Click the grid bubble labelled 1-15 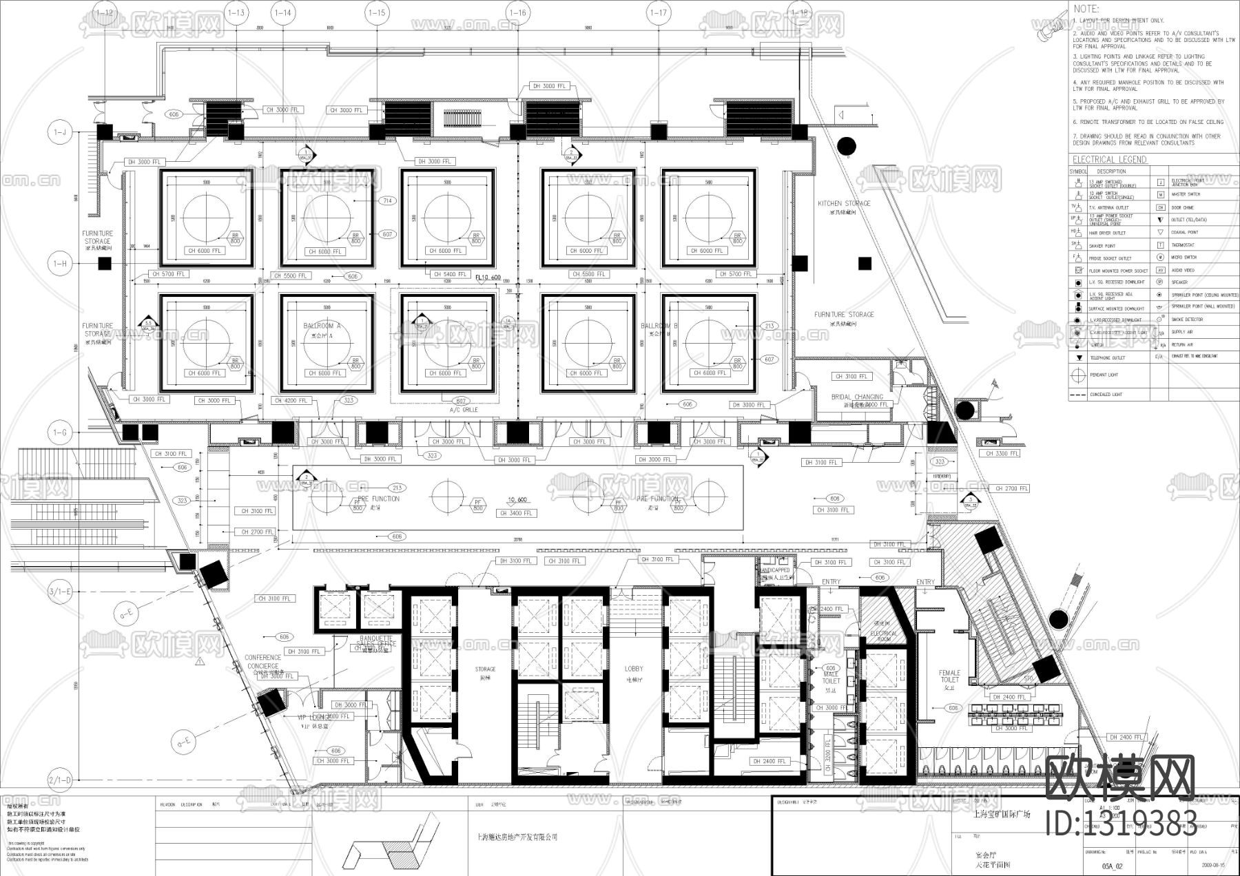pyautogui.click(x=377, y=12)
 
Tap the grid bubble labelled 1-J pyautogui.click(x=60, y=131)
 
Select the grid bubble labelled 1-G pyautogui.click(x=60, y=432)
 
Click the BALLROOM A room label pyautogui.click(x=322, y=326)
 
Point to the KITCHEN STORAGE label pyautogui.click(x=844, y=204)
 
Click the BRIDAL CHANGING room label pyautogui.click(x=857, y=397)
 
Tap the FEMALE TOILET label pyautogui.click(x=949, y=676)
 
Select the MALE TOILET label pyautogui.click(x=831, y=678)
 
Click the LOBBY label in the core pyautogui.click(x=634, y=669)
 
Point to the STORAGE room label pyautogui.click(x=485, y=669)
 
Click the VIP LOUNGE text pyautogui.click(x=314, y=718)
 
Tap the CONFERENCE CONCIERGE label pyautogui.click(x=262, y=662)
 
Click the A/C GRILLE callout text pyautogui.click(x=463, y=410)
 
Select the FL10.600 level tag pyautogui.click(x=489, y=278)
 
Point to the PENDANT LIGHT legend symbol pyautogui.click(x=1077, y=375)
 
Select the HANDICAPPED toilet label pyautogui.click(x=776, y=571)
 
